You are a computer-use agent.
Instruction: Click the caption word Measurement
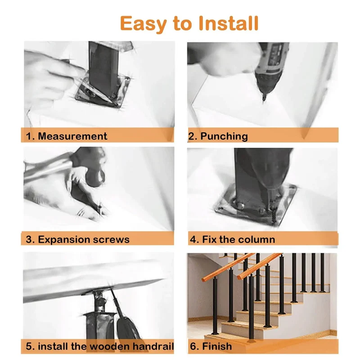tap(72, 136)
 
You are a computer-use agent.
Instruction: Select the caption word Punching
tap(224, 136)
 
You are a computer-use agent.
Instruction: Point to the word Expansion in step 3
tap(61, 240)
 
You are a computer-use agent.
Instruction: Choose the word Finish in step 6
tap(217, 346)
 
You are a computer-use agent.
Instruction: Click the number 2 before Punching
tap(192, 136)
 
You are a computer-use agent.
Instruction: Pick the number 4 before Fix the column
tap(193, 239)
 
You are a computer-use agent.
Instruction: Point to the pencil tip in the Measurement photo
tap(112, 102)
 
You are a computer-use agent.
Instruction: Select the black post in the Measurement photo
tap(103, 69)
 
